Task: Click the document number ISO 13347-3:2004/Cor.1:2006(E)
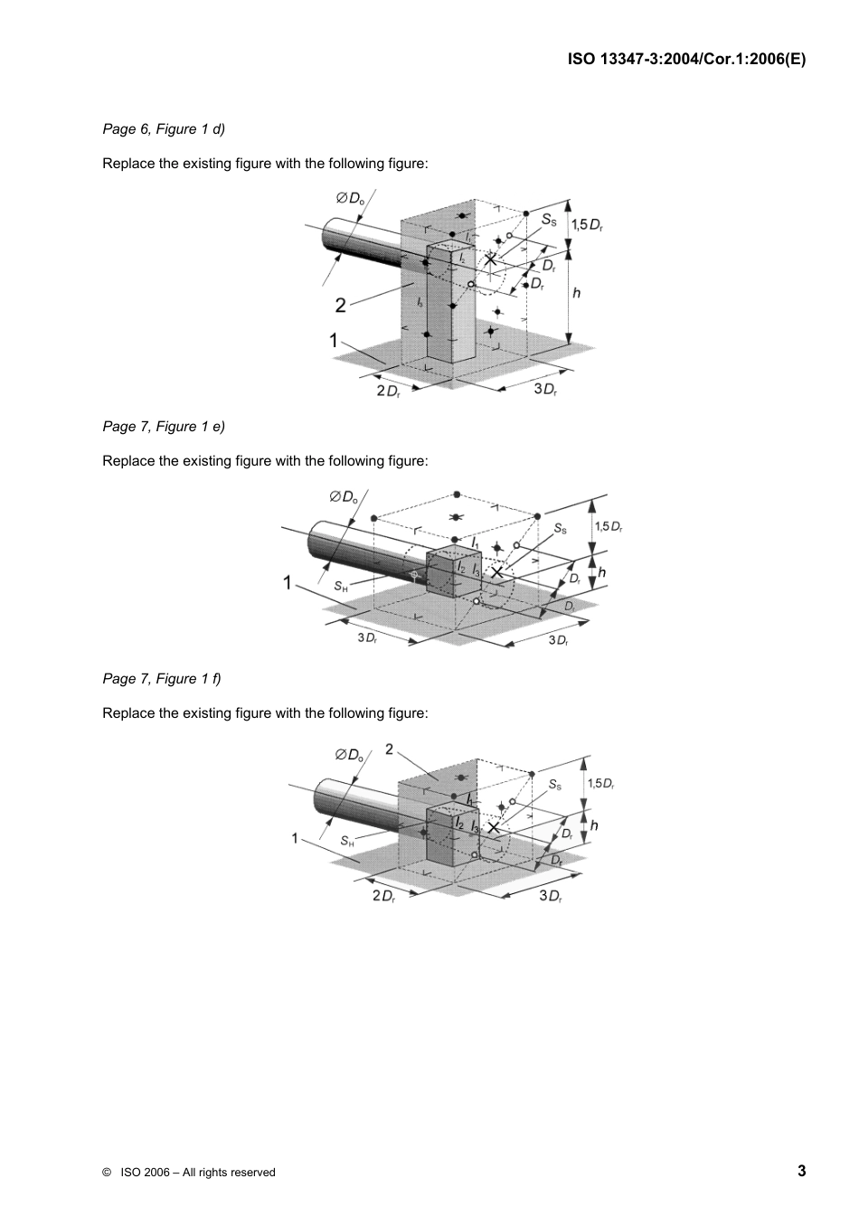(686, 60)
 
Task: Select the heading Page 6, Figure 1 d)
(164, 129)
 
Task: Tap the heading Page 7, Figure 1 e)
(164, 427)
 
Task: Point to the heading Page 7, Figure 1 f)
(162, 679)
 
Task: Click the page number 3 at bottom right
(801, 1171)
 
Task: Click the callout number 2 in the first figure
(341, 306)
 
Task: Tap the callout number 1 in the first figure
(334, 342)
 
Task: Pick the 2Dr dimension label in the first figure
(388, 391)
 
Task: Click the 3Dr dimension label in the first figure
(544, 390)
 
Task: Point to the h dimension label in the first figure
(576, 293)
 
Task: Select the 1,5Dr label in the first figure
(586, 224)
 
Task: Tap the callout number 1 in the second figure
(288, 584)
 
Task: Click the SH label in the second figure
(341, 587)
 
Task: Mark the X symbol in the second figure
(496, 571)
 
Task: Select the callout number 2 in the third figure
(389, 749)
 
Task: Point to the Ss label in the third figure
(555, 786)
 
